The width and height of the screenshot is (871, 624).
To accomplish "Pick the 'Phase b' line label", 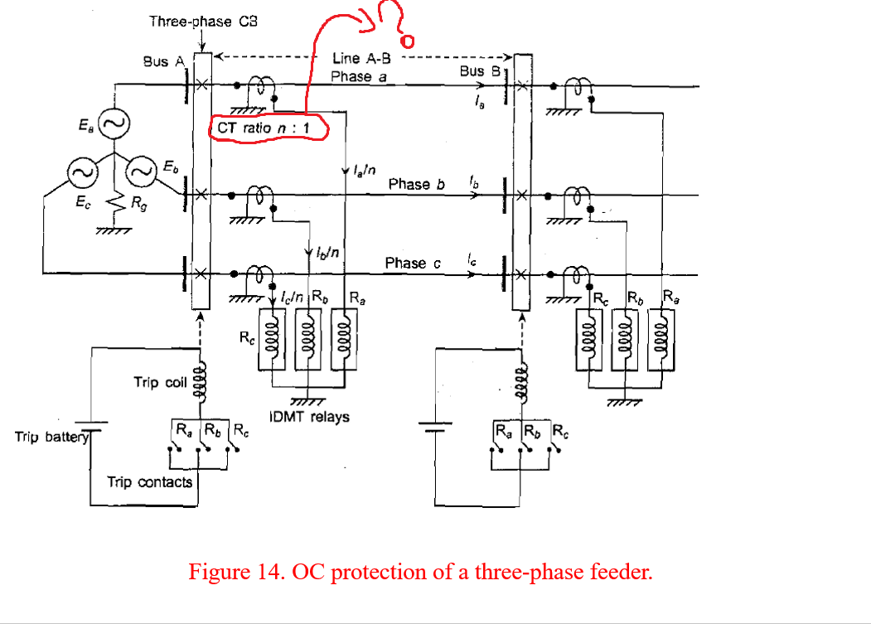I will (416, 184).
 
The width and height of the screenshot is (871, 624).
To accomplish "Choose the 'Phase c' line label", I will (413, 263).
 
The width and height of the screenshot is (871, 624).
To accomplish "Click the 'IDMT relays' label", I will (309, 417).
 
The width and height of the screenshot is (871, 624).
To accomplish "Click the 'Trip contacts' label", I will (149, 481).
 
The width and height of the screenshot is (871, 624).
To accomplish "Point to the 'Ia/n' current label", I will (361, 171).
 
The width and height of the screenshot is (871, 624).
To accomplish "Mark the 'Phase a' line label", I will (359, 76).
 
